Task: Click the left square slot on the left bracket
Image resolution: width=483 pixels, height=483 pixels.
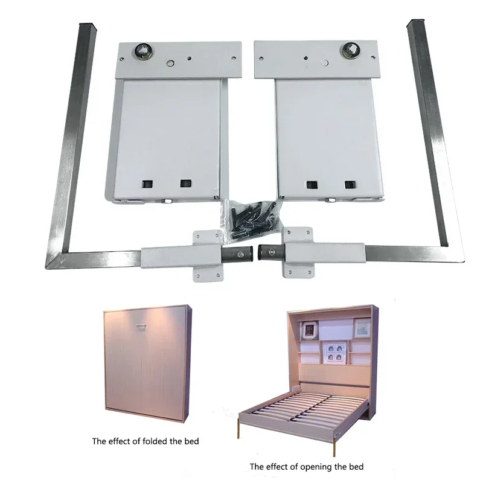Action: pos(147,183)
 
